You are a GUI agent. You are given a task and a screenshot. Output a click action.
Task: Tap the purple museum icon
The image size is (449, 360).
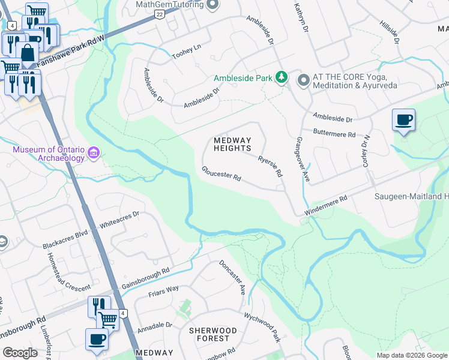coord(94,154)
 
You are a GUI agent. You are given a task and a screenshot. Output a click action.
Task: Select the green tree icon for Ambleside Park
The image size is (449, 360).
coord(281,78)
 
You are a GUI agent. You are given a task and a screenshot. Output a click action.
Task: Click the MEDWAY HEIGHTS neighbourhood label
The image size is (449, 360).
coord(232,144)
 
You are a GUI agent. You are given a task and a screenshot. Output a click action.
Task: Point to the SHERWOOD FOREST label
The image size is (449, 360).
coord(212,335)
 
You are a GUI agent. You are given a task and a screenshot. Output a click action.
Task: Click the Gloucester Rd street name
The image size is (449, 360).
coord(221,174)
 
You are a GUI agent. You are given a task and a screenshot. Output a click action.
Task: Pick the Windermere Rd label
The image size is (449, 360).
coord(326,206)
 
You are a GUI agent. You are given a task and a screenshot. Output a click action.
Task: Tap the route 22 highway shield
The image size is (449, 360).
coord(158,13)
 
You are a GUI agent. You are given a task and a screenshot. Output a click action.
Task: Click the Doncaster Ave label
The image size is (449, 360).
coord(232,277)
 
